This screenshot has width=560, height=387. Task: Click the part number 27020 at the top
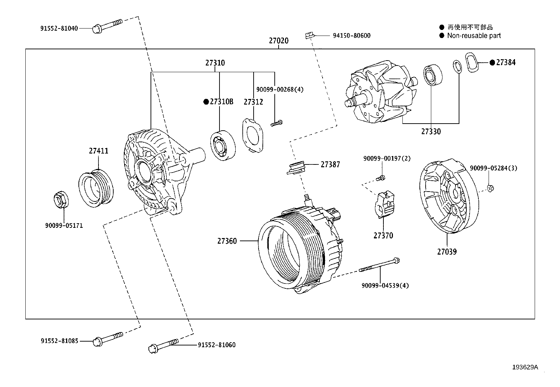click(x=279, y=41)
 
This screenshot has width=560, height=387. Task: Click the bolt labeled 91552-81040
click(x=107, y=26)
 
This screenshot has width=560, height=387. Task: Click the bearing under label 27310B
click(x=223, y=145)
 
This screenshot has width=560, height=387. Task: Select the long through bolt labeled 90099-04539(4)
click(x=380, y=266)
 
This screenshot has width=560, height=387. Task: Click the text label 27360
click(x=227, y=241)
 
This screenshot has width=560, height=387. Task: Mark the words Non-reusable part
click(x=474, y=36)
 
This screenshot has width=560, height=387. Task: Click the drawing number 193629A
click(x=525, y=367)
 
